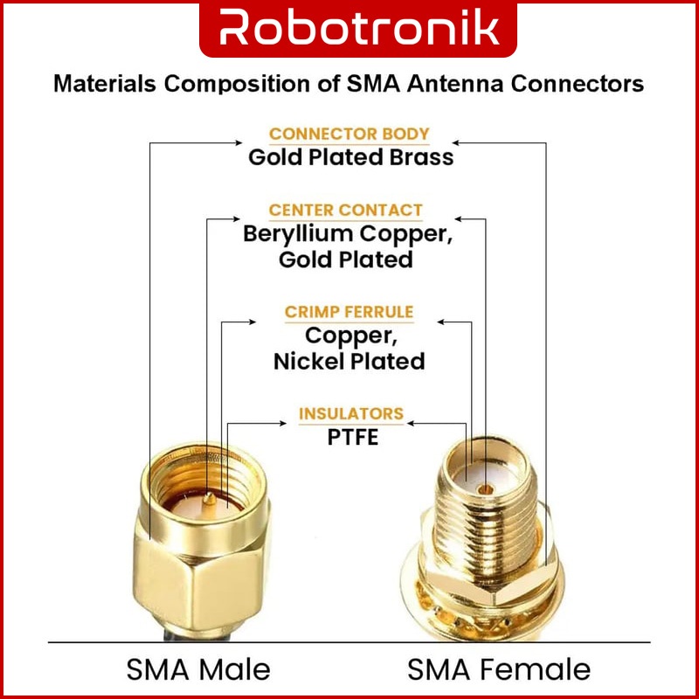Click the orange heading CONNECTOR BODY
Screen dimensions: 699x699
point(349,134)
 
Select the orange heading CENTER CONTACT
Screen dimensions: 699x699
point(346,210)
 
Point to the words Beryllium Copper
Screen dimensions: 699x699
point(350,234)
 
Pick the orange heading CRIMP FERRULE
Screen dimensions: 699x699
point(349,312)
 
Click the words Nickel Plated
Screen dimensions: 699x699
point(349,361)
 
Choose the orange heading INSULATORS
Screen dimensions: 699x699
point(351,413)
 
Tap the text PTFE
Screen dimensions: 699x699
point(353,436)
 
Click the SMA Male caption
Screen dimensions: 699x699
point(198,669)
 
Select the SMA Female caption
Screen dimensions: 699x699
point(499,669)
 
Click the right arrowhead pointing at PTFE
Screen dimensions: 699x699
point(412,423)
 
